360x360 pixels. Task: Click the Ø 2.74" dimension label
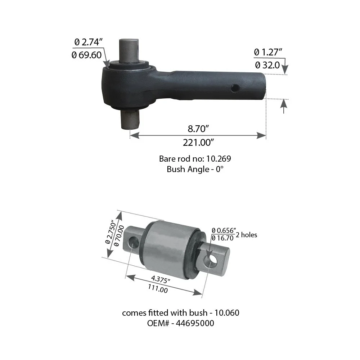(x=89, y=42)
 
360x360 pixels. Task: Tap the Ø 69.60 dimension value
(x=86, y=55)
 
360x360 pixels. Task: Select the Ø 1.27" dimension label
(x=268, y=52)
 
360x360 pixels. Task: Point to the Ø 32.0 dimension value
(x=267, y=65)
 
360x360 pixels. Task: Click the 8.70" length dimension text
(x=198, y=129)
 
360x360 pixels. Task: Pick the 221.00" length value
(x=198, y=143)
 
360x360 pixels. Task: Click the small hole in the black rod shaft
(x=235, y=88)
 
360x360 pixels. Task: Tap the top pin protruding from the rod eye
(x=129, y=50)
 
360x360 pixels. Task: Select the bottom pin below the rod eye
(x=130, y=120)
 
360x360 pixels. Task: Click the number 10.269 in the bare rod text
(x=219, y=159)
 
